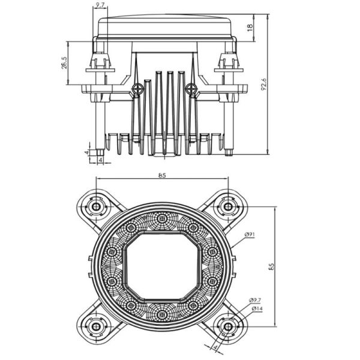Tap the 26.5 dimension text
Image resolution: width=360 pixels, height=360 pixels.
[x=63, y=63]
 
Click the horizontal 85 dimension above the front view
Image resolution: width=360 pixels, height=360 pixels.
[x=162, y=175]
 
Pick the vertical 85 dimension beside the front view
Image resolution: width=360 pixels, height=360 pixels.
[x=279, y=266]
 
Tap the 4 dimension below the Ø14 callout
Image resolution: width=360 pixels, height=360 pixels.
[x=214, y=348]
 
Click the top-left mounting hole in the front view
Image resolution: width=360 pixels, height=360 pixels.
[x=95, y=206]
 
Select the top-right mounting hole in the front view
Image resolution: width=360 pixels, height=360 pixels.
[x=227, y=206]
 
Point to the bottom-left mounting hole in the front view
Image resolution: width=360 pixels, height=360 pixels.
[x=95, y=326]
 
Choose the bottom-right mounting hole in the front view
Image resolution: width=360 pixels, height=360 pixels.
[x=227, y=326]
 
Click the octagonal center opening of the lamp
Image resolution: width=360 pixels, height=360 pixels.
[x=161, y=266]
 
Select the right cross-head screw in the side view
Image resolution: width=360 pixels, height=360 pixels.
[x=191, y=89]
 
